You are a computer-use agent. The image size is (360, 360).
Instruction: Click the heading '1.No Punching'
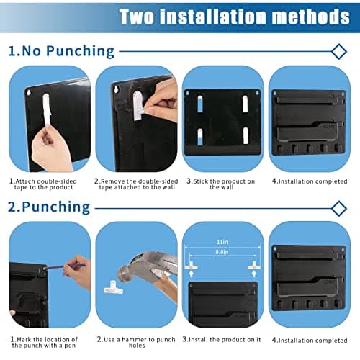(61, 50)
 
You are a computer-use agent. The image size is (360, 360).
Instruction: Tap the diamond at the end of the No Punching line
(338, 51)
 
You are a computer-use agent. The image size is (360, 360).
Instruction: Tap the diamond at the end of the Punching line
(338, 208)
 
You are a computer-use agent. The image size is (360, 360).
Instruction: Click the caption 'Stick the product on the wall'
(222, 184)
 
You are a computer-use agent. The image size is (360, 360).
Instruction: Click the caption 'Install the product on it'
(222, 339)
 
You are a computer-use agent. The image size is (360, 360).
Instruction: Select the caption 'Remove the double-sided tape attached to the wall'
(135, 184)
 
